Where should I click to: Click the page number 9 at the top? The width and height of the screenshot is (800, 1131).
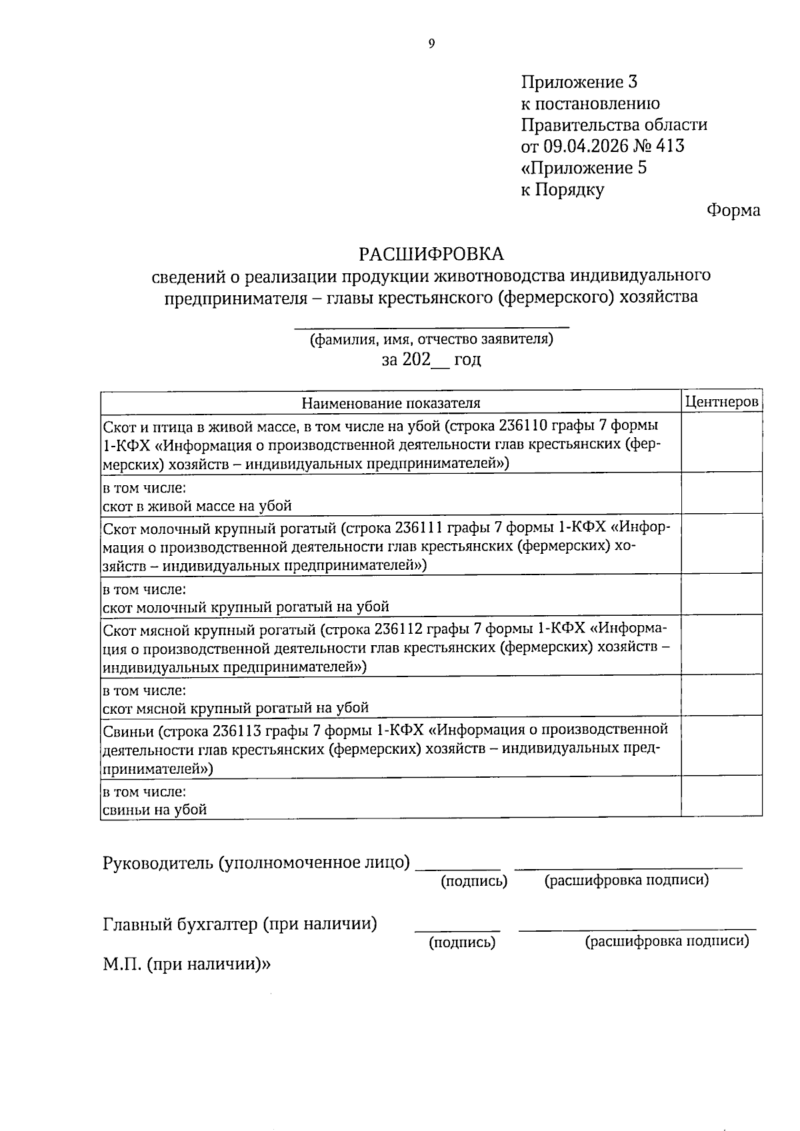pos(431,44)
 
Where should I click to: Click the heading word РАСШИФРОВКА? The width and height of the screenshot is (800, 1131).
pos(431,254)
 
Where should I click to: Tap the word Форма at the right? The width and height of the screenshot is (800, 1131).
pos(733,211)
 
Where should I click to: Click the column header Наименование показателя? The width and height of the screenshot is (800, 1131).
pos(391,403)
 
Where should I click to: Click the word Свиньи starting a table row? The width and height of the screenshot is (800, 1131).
pos(129,730)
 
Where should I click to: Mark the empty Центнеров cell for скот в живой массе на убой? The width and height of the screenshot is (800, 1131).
pos(722,493)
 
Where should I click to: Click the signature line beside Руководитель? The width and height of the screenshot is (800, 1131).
pos(458,868)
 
